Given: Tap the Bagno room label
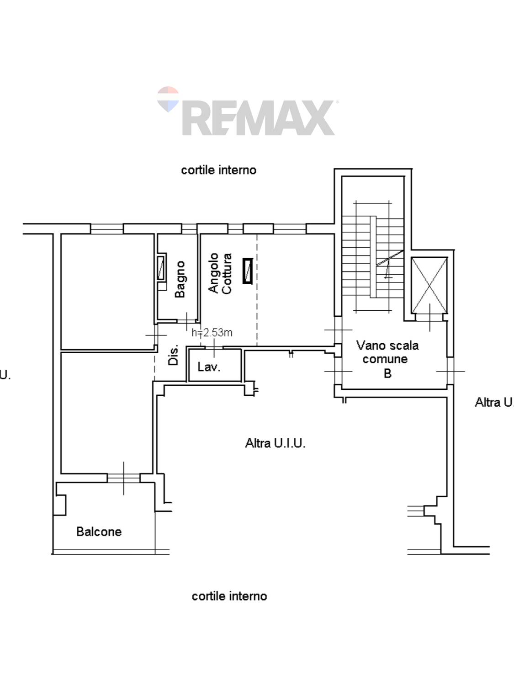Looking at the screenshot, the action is click(x=180, y=279).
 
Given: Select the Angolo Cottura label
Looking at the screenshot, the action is click(x=220, y=273).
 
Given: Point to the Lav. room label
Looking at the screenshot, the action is click(x=209, y=367).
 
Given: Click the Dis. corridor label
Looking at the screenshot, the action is click(x=173, y=355).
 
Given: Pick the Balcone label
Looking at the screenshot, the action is click(x=99, y=532).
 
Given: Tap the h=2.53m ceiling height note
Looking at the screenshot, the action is click(x=212, y=333).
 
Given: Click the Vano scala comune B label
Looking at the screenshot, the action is click(x=387, y=359).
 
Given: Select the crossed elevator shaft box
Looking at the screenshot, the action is click(x=429, y=285).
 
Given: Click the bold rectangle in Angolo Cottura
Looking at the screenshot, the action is click(x=248, y=271).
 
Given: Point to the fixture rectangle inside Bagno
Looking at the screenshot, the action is click(x=161, y=269).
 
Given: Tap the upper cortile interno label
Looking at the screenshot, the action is click(x=219, y=170).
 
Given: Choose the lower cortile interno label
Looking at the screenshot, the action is click(x=229, y=596).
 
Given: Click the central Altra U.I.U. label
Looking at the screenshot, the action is click(x=275, y=443).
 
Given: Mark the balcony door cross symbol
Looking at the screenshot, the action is click(x=124, y=478).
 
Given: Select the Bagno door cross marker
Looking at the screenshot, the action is click(x=186, y=321).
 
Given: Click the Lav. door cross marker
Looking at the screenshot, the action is click(x=214, y=348).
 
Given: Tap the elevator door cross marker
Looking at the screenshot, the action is click(x=430, y=317).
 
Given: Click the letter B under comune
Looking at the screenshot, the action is click(x=387, y=373).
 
